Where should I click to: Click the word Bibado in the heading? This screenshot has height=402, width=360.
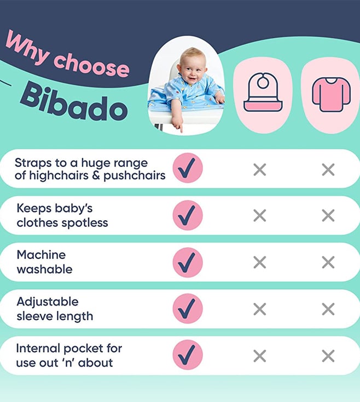click(74, 101)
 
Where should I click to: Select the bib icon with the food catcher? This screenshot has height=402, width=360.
click(263, 93)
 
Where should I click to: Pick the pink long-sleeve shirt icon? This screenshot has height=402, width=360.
click(331, 94)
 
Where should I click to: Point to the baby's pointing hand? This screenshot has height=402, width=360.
click(178, 124)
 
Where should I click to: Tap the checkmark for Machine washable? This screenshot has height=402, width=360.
click(188, 262)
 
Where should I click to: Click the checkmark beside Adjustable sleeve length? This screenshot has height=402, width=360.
click(188, 309)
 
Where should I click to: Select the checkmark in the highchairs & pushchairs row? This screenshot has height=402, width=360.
click(188, 168)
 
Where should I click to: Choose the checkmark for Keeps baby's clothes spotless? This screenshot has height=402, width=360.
click(188, 215)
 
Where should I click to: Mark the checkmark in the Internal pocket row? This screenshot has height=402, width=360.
click(188, 355)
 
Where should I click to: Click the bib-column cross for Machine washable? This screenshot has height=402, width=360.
click(260, 262)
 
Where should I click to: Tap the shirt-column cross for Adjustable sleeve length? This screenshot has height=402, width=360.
click(328, 309)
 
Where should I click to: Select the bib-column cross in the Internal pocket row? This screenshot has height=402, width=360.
click(260, 356)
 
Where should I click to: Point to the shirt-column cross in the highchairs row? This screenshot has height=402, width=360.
click(328, 170)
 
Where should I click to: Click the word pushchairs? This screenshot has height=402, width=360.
click(135, 176)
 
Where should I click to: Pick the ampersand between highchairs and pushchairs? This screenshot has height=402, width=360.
click(96, 175)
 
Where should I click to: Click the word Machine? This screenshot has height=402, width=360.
click(41, 255)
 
